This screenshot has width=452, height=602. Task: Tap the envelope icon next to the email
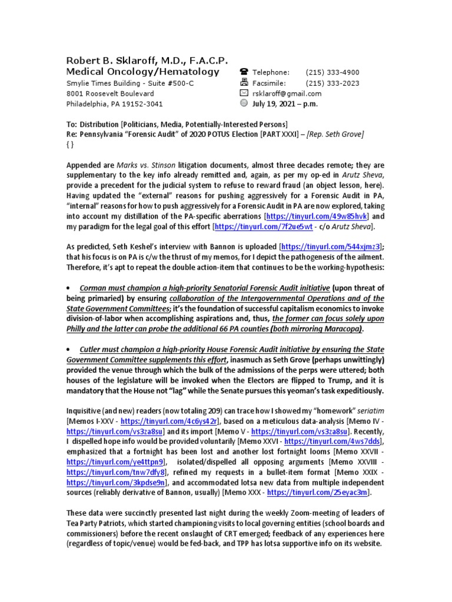[244, 93]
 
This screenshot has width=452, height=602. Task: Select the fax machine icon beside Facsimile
[244, 83]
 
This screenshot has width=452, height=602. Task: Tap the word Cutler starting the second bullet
[92, 349]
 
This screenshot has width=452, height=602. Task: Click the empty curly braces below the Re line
[71, 145]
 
